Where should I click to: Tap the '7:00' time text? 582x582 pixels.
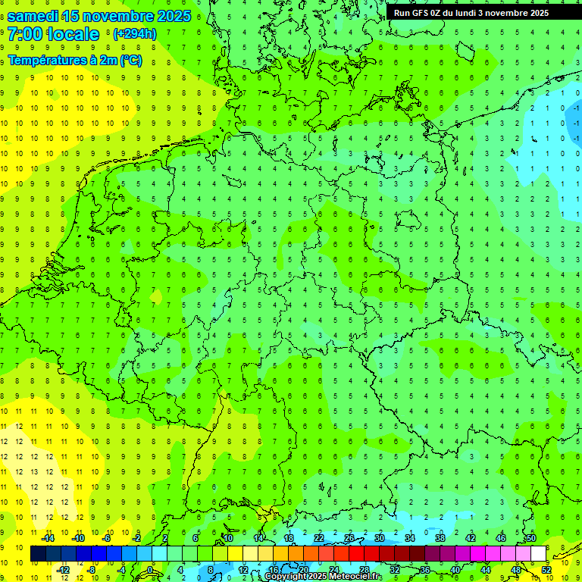pyautogui.click(x=25, y=34)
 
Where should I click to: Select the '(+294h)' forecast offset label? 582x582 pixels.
pyautogui.click(x=134, y=33)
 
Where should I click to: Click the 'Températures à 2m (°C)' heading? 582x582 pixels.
pyautogui.click(x=74, y=61)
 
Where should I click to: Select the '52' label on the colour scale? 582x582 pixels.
pyautogui.click(x=546, y=570)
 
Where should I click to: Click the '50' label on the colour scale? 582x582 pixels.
pyautogui.click(x=530, y=538)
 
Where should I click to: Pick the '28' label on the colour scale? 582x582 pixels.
pyautogui.click(x=365, y=570)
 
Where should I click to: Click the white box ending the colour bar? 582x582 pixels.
pyautogui.click(x=538, y=554)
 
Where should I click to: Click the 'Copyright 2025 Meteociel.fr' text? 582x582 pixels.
pyautogui.click(x=323, y=577)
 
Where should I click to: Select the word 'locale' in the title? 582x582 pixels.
pyautogui.click(x=72, y=34)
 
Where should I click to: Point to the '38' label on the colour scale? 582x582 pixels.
pyautogui.click(x=440, y=538)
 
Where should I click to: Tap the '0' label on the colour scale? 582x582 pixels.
pyautogui.click(x=150, y=570)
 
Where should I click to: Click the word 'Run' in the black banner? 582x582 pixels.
pyautogui.click(x=401, y=12)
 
